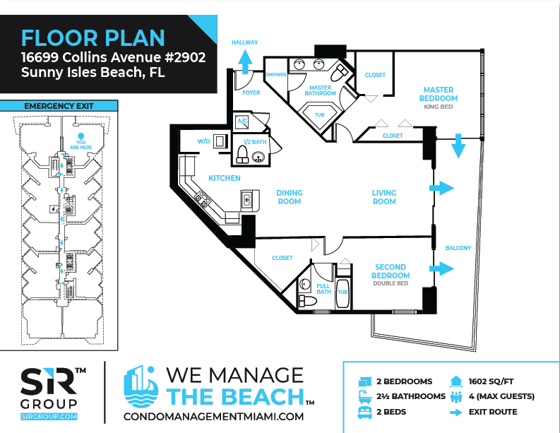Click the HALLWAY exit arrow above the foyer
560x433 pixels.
(245, 61)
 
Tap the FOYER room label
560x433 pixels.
(251, 93)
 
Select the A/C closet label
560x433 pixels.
(242, 121)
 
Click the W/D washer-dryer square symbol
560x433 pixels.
(220, 141)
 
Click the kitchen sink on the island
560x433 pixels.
(246, 200)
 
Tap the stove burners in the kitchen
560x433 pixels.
(202, 199)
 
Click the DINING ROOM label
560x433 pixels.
(290, 197)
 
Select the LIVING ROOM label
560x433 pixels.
(384, 197)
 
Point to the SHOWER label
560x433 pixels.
(276, 75)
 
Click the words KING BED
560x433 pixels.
(439, 107)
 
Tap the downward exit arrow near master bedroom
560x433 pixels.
(458, 146)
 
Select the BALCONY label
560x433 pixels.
(458, 248)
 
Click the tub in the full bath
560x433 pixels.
(343, 294)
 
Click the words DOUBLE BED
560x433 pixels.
(391, 283)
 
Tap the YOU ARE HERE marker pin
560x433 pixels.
(81, 136)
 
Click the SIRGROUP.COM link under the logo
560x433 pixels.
(49, 417)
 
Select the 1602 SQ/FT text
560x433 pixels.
(491, 381)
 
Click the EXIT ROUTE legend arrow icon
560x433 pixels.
(456, 413)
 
